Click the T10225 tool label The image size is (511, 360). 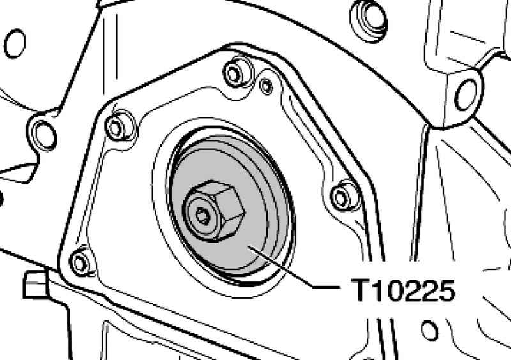click(403, 290)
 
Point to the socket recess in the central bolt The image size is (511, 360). click(202, 216)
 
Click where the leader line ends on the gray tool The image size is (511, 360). click(249, 246)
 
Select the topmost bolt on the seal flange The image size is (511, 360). click(234, 74)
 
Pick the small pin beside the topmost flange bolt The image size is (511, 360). click(266, 86)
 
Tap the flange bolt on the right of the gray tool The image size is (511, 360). click(341, 197)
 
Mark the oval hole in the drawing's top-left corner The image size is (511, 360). click(15, 43)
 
